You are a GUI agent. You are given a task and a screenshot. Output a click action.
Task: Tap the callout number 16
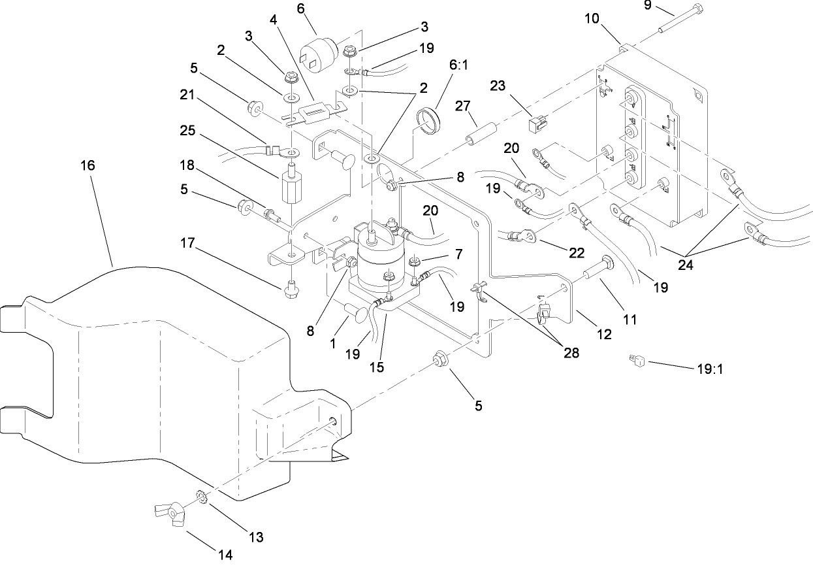[x=88, y=165]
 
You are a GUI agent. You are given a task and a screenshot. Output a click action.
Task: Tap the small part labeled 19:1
[x=637, y=359]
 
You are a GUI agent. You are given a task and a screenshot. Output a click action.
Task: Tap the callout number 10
[x=592, y=18]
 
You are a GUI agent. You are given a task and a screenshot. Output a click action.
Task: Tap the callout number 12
[x=604, y=334]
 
